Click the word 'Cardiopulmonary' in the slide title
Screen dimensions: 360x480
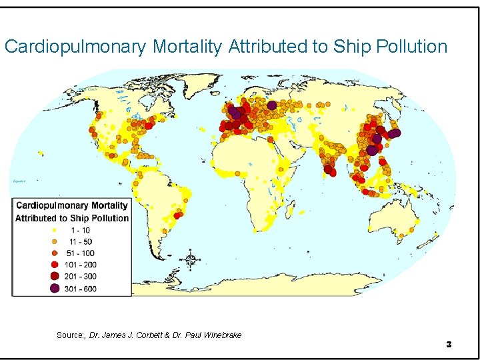(x=76, y=47)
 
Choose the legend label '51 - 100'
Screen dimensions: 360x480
(x=80, y=253)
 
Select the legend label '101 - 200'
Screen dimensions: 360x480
(x=81, y=265)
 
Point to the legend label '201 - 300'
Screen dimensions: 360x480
(x=81, y=276)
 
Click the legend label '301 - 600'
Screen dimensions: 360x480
(x=81, y=288)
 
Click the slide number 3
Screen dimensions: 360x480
(x=449, y=344)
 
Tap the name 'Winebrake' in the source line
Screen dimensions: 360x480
(x=221, y=335)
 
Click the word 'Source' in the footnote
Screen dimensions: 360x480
(x=69, y=335)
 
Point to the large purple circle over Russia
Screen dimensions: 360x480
(x=272, y=105)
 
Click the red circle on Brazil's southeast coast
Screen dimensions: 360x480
(x=177, y=215)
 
